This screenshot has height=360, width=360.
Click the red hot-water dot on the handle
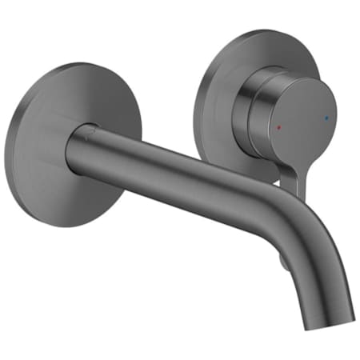278,128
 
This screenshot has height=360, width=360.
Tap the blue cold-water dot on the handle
324,118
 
